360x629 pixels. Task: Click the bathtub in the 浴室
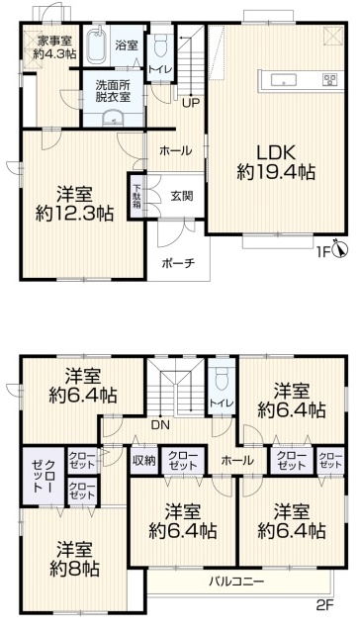96,45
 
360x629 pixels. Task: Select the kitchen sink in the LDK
284,80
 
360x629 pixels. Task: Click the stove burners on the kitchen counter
330,79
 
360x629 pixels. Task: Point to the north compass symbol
342,250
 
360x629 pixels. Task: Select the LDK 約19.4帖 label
276,162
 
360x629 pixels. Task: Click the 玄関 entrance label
182,196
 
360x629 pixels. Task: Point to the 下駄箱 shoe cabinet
137,196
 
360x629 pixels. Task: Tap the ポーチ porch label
178,263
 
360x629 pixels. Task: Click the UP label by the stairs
190,104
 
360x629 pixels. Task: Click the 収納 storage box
143,461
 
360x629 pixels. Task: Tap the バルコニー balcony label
236,582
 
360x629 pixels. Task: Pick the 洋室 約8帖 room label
74,559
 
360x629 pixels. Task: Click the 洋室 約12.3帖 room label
74,204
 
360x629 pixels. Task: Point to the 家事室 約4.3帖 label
55,46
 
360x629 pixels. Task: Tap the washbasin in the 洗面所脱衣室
113,119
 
